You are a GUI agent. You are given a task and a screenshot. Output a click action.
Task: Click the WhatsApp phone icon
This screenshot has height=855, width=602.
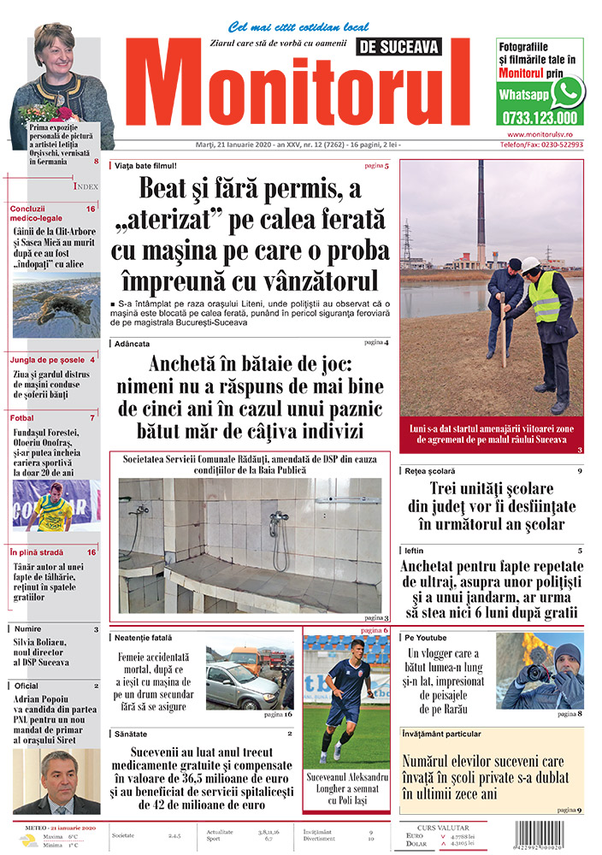pyautogui.click(x=567, y=91)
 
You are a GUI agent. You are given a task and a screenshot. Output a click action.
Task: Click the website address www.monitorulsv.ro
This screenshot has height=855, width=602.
pyautogui.click(x=544, y=134)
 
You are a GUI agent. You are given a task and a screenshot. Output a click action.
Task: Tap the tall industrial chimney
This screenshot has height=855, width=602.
pyautogui.click(x=481, y=214)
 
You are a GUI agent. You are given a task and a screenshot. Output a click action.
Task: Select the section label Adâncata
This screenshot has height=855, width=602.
pyautogui.click(x=130, y=344)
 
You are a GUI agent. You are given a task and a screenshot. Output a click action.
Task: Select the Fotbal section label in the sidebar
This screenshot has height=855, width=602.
pyautogui.click(x=22, y=418)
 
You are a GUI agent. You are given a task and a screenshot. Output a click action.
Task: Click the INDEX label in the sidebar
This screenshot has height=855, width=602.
pyautogui.click(x=86, y=186)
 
